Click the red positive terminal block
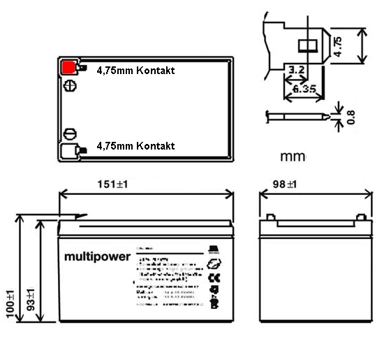point(69,68)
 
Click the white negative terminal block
point(69,150)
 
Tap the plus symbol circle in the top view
point(69,87)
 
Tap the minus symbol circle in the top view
point(69,133)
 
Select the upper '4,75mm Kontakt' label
point(135,71)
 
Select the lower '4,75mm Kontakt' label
point(135,146)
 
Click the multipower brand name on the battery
point(98,257)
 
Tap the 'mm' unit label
point(293,156)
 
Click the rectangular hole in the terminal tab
point(307,46)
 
